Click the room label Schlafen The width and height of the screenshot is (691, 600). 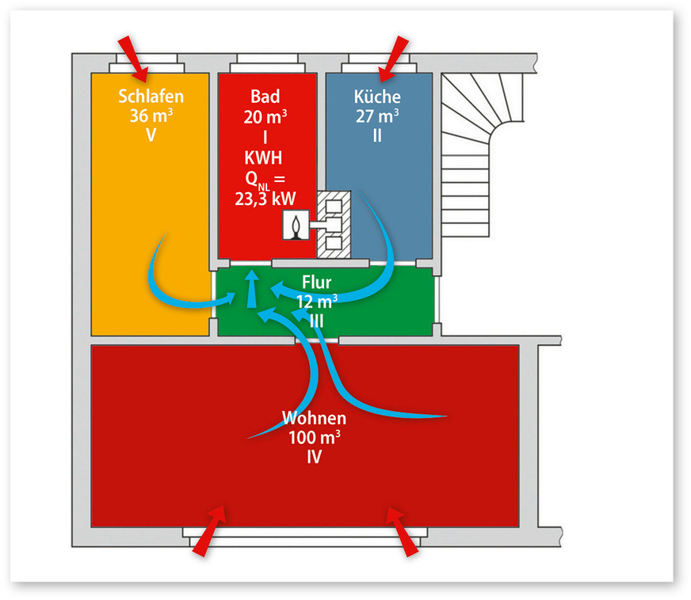pyautogui.click(x=151, y=97)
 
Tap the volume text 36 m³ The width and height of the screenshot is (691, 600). pyautogui.click(x=151, y=115)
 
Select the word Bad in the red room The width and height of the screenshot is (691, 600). pyautogui.click(x=265, y=97)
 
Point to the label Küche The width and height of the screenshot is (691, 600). pyautogui.click(x=377, y=97)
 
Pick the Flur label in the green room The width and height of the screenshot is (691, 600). pyautogui.click(x=317, y=283)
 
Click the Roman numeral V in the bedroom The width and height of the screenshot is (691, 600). pyautogui.click(x=151, y=134)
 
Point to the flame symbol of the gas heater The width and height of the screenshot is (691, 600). pyautogui.click(x=296, y=226)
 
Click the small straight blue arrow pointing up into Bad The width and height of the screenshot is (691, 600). pyautogui.click(x=251, y=290)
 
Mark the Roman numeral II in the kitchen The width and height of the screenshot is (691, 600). pyautogui.click(x=377, y=134)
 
